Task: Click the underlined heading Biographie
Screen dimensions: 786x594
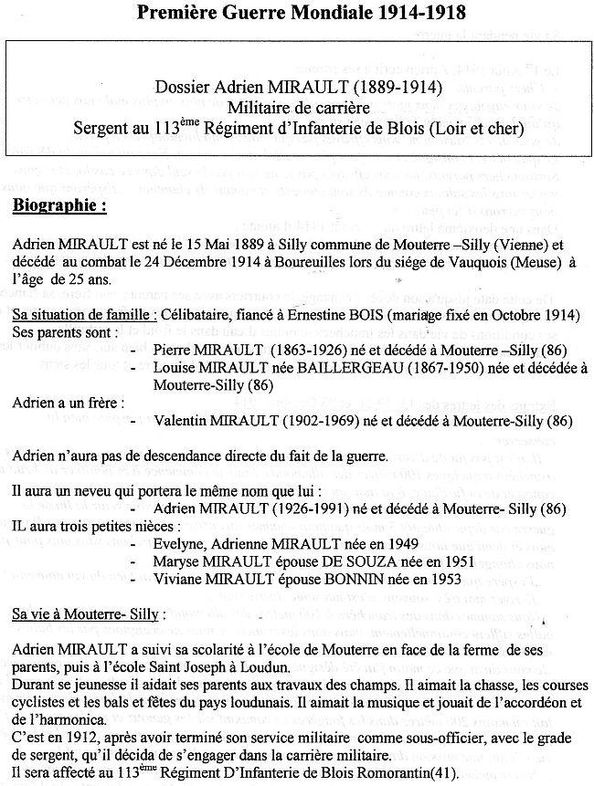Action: (60, 206)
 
